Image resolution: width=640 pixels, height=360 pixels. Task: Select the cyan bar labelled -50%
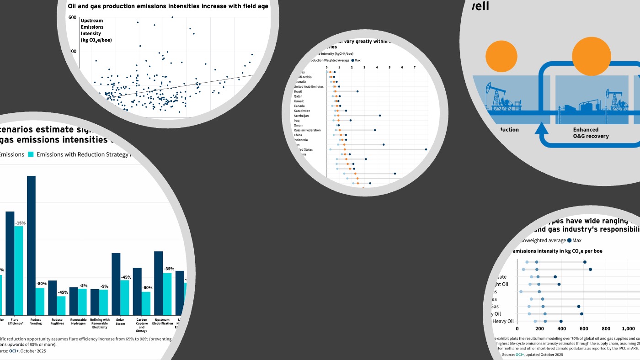click(146, 303)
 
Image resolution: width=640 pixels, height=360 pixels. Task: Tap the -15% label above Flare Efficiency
click(20, 223)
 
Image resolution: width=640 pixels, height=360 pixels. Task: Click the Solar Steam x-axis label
click(120, 322)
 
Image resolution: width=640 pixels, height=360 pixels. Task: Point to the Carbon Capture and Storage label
click(142, 325)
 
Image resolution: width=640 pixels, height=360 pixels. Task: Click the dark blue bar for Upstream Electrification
click(158, 283)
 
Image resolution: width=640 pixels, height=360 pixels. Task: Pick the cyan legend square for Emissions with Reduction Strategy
click(31, 154)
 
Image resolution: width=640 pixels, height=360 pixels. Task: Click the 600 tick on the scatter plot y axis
click(72, 17)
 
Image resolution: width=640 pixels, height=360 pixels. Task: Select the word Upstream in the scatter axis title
click(91, 21)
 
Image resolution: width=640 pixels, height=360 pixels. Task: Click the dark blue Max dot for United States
click(426, 149)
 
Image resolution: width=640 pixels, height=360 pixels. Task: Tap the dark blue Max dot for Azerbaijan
click(380, 116)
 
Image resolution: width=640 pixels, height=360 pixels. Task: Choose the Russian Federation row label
click(307, 130)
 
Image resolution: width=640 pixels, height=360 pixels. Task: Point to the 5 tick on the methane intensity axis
click(389, 68)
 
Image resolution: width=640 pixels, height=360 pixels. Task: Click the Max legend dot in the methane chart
click(353, 60)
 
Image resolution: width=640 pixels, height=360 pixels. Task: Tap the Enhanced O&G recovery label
click(591, 133)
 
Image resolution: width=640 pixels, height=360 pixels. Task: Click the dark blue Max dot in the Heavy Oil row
click(581, 314)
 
